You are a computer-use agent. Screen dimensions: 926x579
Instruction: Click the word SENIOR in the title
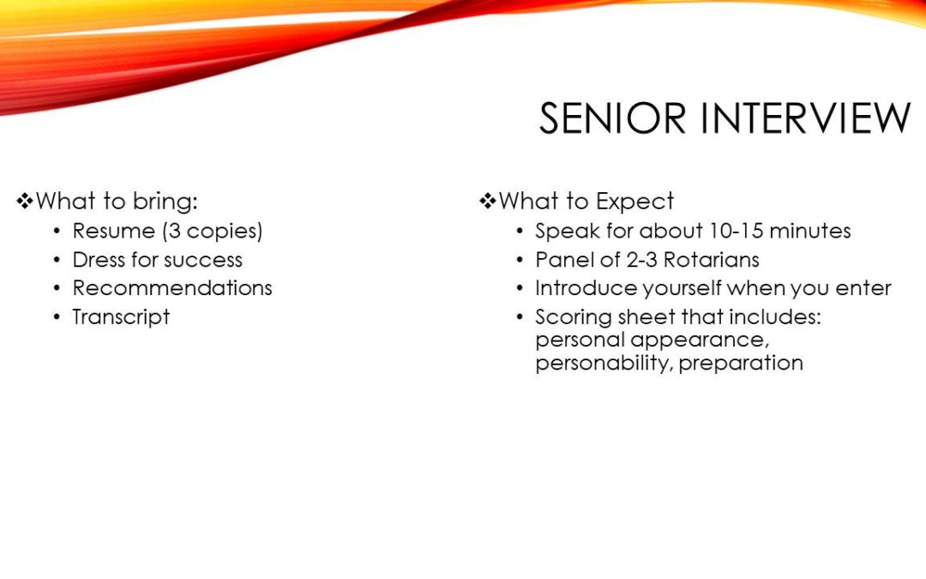[x=612, y=118]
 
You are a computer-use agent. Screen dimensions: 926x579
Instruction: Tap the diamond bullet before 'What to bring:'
[x=25, y=202]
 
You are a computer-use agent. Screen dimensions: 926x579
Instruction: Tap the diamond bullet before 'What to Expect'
[x=488, y=202]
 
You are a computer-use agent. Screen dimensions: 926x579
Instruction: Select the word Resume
[x=113, y=231]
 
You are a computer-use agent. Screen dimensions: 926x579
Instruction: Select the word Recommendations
[x=172, y=288]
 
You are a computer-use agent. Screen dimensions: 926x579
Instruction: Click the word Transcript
[x=121, y=317]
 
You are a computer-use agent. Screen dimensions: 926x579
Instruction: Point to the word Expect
[x=634, y=202]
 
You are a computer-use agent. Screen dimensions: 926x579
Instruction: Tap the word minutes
[x=810, y=231]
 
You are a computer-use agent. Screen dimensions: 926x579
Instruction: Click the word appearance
[x=700, y=341]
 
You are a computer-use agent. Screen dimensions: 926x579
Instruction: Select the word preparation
[x=741, y=364]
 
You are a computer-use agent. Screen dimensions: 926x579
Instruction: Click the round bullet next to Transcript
[x=57, y=318]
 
